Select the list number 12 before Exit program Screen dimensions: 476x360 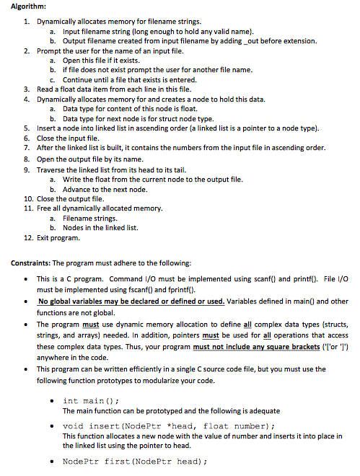[28, 237]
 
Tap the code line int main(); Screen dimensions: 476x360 [91, 400]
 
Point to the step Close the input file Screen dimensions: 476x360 [72, 137]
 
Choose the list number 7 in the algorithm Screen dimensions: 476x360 [28, 147]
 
